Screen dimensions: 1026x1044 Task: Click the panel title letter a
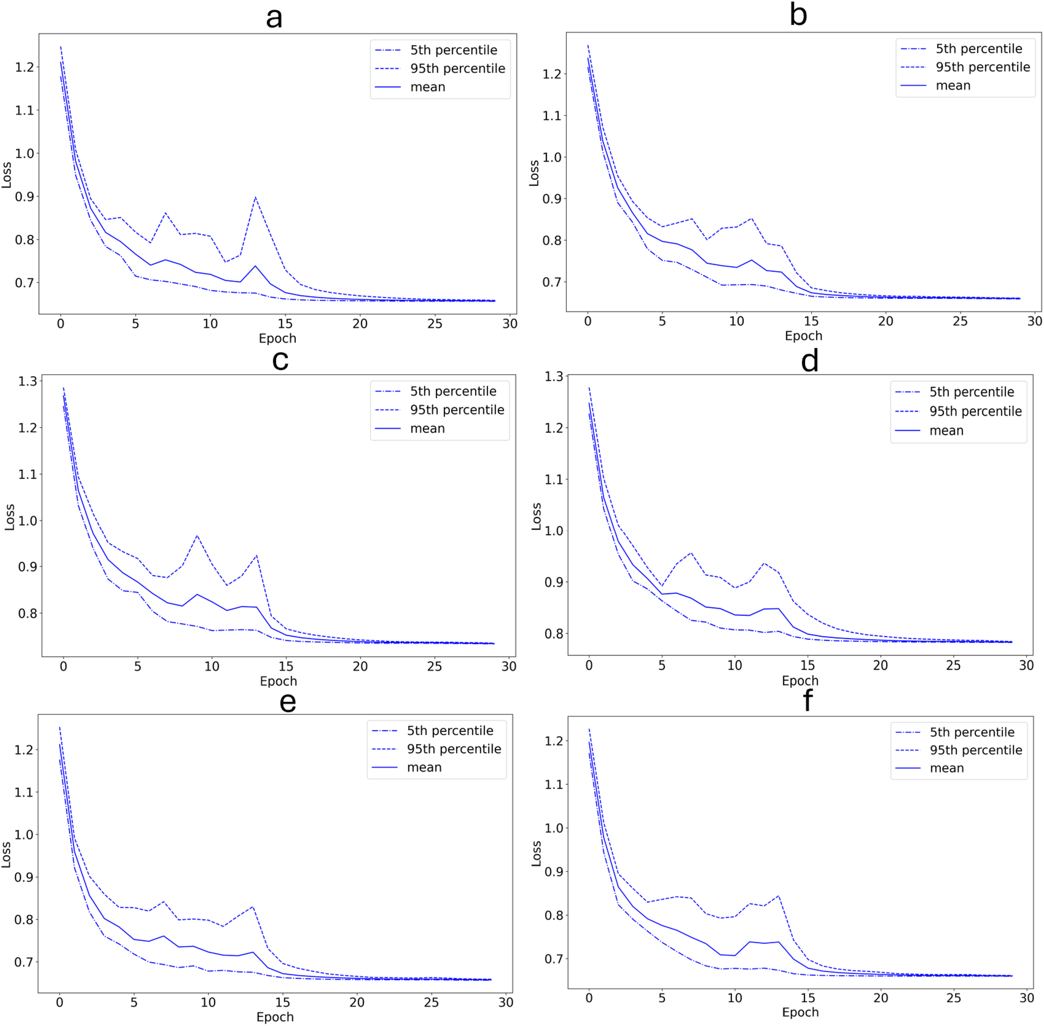tap(274, 18)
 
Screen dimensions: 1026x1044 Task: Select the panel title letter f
tap(807, 701)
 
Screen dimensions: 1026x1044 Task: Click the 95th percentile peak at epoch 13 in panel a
tap(255, 197)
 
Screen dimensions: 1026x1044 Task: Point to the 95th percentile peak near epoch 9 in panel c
tap(197, 536)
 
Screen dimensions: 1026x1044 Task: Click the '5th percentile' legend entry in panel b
tap(978, 49)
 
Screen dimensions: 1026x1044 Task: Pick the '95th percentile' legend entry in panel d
tap(975, 411)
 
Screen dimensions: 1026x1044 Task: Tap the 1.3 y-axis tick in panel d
tap(554, 377)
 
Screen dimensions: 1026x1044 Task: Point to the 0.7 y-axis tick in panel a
tap(24, 283)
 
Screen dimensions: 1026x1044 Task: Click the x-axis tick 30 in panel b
tap(1034, 321)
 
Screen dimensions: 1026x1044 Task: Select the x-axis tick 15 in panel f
tap(807, 998)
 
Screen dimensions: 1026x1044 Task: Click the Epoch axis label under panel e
tap(275, 1017)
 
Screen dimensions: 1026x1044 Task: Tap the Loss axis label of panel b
tap(534, 173)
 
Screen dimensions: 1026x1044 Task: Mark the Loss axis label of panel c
tap(9, 517)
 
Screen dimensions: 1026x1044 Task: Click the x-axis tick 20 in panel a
tap(360, 324)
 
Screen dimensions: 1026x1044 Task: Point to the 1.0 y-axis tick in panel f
tap(554, 828)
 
